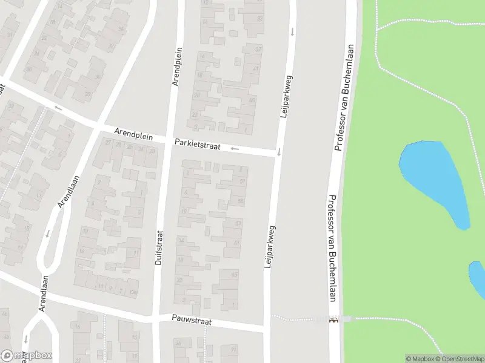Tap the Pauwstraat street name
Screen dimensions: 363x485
point(191,321)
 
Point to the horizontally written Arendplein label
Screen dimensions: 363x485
point(134,135)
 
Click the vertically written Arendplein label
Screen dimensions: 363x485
point(177,67)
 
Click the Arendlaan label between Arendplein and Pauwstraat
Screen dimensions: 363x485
point(69,191)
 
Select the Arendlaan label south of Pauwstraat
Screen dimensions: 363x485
point(43,293)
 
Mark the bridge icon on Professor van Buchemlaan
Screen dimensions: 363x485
point(332,319)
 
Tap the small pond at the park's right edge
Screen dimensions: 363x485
point(478,278)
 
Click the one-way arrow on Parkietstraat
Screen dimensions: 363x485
point(235,148)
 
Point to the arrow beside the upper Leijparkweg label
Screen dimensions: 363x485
point(292,31)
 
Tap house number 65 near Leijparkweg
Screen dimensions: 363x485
point(233,274)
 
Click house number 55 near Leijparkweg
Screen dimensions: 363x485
point(241,201)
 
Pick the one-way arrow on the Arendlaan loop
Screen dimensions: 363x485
point(47,233)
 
